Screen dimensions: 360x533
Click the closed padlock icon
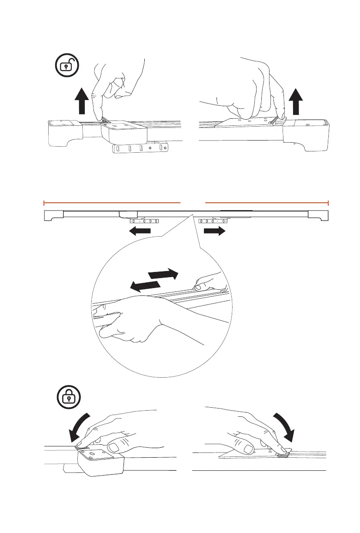[69, 399]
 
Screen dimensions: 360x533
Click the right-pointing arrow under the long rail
[215, 231]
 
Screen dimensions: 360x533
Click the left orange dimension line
[112, 202]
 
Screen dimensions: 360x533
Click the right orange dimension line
[267, 202]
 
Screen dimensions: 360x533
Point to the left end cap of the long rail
[54, 215]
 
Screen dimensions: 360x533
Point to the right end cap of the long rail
[318, 215]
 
